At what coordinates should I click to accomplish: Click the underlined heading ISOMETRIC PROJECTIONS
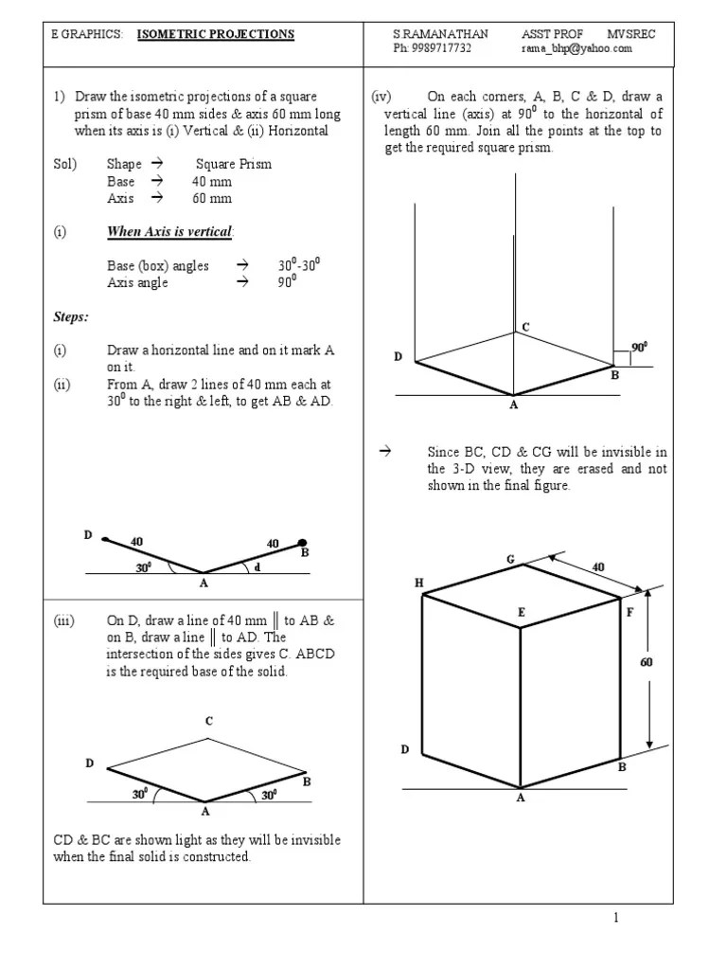[216, 34]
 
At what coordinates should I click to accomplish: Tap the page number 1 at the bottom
[614, 917]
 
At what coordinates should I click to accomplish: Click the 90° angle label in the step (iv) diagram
[640, 348]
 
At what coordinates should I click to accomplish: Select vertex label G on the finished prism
[509, 559]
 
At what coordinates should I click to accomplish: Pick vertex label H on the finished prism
[419, 583]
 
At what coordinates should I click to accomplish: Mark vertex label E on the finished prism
[520, 613]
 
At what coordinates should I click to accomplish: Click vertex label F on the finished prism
[629, 613]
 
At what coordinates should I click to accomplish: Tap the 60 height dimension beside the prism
[647, 662]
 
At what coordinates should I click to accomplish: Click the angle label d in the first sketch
[257, 566]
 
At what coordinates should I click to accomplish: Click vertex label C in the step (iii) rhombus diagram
[209, 721]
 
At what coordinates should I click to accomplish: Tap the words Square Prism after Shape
[233, 164]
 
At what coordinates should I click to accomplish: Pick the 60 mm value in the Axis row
[212, 198]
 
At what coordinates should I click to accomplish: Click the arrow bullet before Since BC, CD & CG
[384, 451]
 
